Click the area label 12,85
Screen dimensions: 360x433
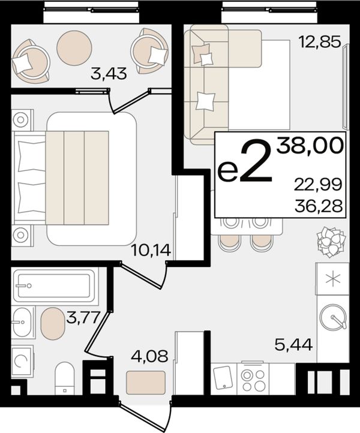pyautogui.click(x=320, y=43)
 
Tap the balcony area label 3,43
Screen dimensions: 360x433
pyautogui.click(x=109, y=73)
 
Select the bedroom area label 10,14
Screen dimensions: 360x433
pyautogui.click(x=151, y=251)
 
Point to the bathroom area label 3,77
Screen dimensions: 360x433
pyautogui.click(x=83, y=318)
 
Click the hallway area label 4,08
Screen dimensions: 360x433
pyautogui.click(x=149, y=356)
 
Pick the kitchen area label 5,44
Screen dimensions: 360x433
pyautogui.click(x=293, y=345)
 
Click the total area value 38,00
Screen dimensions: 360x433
pyautogui.click(x=311, y=146)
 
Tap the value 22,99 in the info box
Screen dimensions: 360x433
pyautogui.click(x=318, y=185)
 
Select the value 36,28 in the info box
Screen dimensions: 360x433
pyautogui.click(x=319, y=206)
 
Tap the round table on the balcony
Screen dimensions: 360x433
pyautogui.click(x=74, y=48)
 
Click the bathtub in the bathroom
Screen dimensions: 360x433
pyautogui.click(x=55, y=286)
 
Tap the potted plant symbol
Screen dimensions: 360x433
pyautogui.click(x=331, y=242)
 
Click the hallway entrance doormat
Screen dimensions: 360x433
pyautogui.click(x=146, y=383)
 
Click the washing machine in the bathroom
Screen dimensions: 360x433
pyautogui.click(x=22, y=361)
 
